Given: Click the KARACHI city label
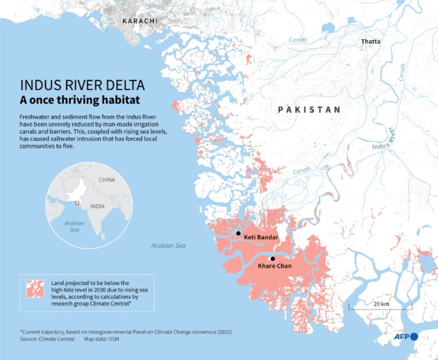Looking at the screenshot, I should point(140,21).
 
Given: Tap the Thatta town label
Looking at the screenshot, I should point(370,41).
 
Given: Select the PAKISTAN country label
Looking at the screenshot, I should point(309,110).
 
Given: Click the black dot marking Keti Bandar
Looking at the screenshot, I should point(238,233).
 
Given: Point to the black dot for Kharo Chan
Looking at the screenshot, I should point(273,258).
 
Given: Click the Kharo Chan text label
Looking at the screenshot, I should point(274,266).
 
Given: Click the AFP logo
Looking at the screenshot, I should point(406,337).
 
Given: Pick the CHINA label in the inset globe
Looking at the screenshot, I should point(107,179).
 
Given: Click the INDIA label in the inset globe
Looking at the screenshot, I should point(97,206).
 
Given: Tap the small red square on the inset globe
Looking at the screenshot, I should point(77,203).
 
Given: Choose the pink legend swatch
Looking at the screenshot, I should point(35,289).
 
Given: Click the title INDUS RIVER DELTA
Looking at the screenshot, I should point(82,85).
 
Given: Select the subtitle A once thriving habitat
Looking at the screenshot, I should point(79,100).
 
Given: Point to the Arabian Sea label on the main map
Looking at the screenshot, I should point(168,246).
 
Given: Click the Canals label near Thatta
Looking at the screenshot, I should point(298,40).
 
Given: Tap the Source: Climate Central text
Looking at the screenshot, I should point(47,339).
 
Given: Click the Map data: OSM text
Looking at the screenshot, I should point(102,339).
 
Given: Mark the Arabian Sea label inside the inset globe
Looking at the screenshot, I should point(74,226).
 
